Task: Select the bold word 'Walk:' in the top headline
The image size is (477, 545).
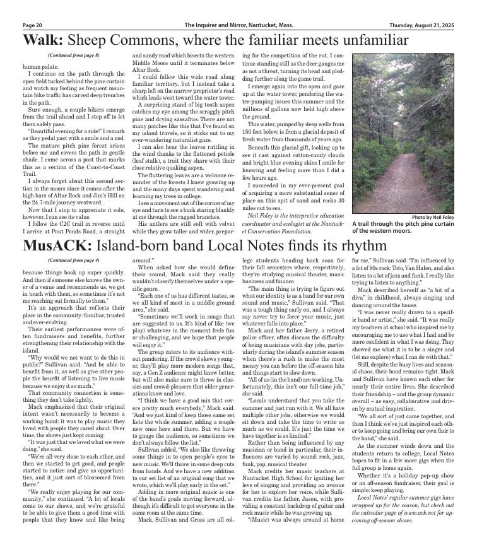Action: pos(43,41)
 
